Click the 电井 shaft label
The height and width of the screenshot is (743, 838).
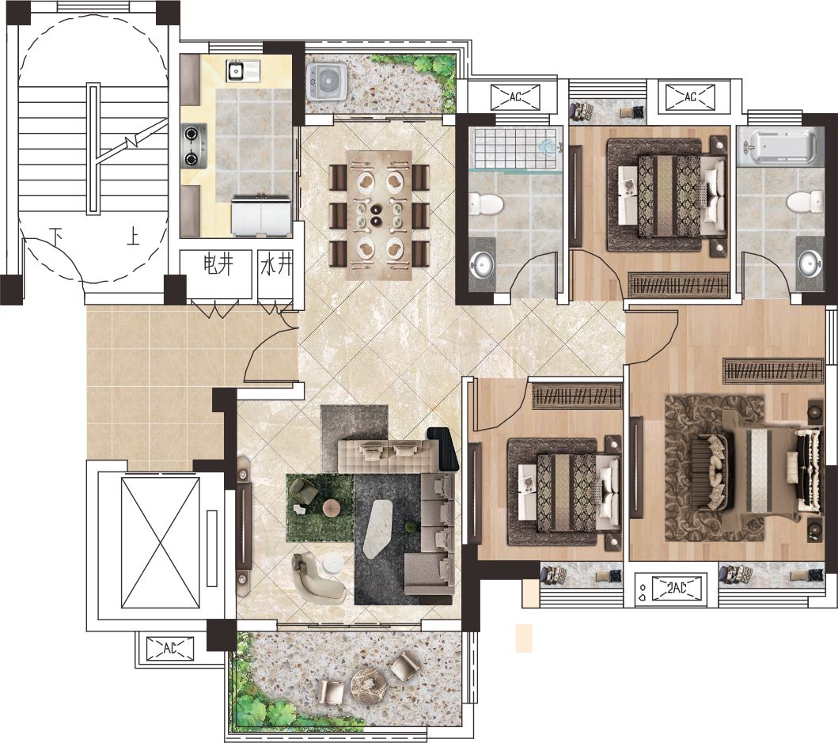(219, 264)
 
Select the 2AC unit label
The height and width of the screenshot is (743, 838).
(677, 588)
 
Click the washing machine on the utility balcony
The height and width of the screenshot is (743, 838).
(327, 81)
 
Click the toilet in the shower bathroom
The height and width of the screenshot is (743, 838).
(487, 204)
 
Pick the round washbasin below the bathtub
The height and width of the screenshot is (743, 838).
(810, 263)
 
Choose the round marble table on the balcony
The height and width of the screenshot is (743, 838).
(369, 680)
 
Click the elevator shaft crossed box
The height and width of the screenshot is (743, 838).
(161, 543)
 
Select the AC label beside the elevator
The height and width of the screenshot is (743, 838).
(169, 648)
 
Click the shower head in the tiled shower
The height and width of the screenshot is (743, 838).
(547, 146)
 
